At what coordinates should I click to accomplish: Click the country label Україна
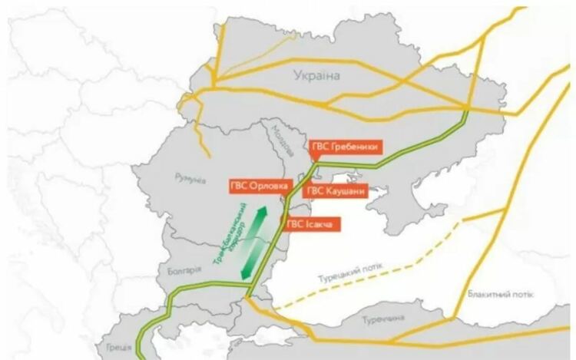pos(316,74)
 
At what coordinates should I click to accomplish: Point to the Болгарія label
pos(184,270)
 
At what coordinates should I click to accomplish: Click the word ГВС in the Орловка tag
pos(240,186)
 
